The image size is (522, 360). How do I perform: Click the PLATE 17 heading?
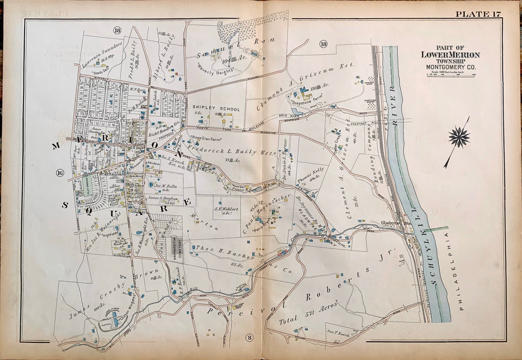point(479,14)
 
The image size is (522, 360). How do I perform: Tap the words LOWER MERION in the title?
point(450,55)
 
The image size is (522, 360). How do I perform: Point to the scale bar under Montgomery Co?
point(450,74)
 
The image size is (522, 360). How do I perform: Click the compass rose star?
point(459,137)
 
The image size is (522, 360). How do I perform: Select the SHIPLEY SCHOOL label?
point(216,109)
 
